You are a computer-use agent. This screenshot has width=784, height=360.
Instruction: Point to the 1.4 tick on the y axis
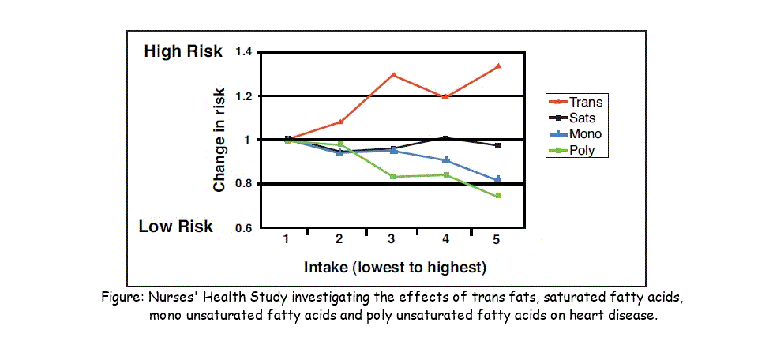click(x=242, y=53)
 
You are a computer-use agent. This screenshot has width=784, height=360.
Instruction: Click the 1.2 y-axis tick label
click(x=242, y=96)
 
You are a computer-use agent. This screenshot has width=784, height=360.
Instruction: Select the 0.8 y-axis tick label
click(x=242, y=184)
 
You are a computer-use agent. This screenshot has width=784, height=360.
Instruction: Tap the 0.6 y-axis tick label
click(x=242, y=228)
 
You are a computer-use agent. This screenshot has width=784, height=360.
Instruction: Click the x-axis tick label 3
click(x=392, y=239)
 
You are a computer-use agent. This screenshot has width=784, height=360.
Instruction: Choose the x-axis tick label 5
click(x=497, y=239)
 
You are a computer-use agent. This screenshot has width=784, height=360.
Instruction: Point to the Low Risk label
click(x=176, y=227)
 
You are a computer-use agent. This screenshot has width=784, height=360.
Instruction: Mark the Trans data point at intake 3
click(x=392, y=75)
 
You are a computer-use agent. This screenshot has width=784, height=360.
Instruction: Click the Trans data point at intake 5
click(x=498, y=66)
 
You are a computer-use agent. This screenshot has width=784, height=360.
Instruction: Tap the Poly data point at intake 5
click(x=498, y=196)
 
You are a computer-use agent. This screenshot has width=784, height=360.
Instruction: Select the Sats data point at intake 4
click(x=446, y=138)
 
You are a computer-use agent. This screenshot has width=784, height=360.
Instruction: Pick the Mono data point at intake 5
click(x=497, y=180)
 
